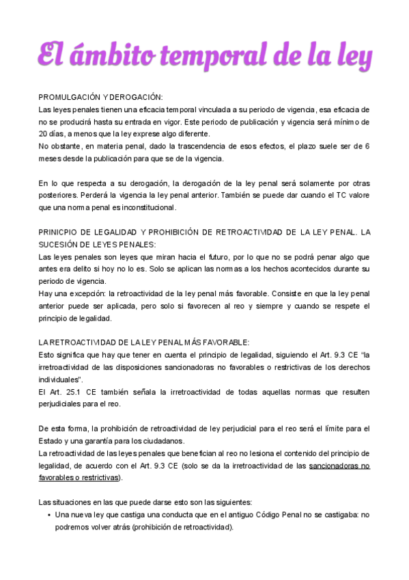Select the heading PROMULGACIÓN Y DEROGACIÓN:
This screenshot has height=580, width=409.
(x=100, y=98)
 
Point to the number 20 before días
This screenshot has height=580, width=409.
(x=44, y=134)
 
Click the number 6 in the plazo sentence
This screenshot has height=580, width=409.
(x=367, y=146)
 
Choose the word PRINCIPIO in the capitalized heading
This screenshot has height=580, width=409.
(x=59, y=232)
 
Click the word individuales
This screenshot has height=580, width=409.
(x=59, y=379)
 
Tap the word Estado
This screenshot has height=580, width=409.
(x=52, y=440)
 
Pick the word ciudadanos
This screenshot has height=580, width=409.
(x=170, y=440)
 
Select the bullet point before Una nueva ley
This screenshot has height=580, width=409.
(x=47, y=514)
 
